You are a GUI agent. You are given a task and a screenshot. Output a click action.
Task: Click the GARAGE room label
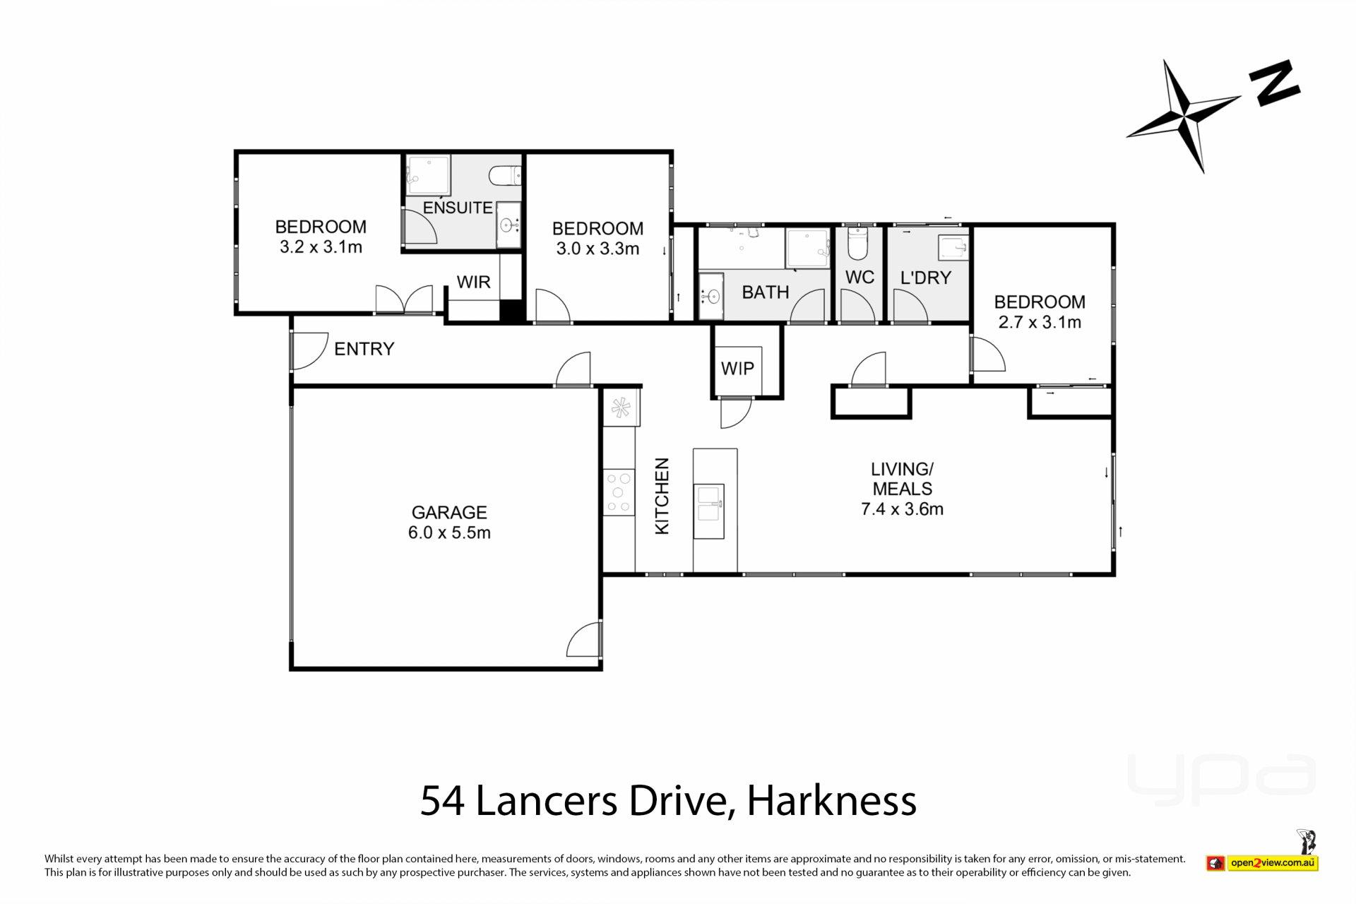[x=449, y=512]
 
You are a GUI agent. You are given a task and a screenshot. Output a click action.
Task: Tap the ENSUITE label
[x=458, y=208]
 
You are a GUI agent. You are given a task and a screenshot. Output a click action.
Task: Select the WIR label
[x=473, y=282]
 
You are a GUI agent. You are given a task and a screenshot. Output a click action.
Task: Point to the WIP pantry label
[x=737, y=368]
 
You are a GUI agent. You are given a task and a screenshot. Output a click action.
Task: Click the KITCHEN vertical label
[x=662, y=496]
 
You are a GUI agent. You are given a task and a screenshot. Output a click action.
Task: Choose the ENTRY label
[x=364, y=349]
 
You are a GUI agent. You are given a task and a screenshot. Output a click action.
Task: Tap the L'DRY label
[x=926, y=278]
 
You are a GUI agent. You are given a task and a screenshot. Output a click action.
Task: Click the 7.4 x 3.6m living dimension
[x=902, y=509]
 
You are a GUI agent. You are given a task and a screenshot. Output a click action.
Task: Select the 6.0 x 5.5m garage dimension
[x=449, y=533]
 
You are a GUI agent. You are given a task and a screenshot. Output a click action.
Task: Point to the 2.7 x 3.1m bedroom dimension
[x=1040, y=322]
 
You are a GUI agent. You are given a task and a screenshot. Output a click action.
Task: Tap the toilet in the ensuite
[x=505, y=174]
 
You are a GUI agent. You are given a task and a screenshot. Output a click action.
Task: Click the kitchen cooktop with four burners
[x=619, y=493]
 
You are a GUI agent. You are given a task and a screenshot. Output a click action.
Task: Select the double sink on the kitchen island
[x=708, y=511]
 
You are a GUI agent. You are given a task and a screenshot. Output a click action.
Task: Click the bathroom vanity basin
[x=711, y=296]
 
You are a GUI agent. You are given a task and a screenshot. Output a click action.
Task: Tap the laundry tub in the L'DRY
[x=953, y=248]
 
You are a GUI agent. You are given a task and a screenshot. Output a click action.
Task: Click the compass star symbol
[x=1184, y=116]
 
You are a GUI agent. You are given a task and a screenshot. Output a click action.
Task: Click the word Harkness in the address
[x=831, y=801]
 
